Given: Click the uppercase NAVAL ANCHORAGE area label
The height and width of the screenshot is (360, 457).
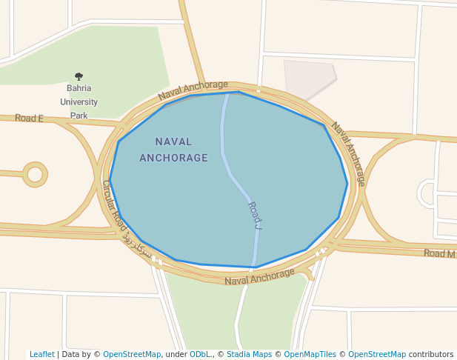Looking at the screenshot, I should pos(173,150).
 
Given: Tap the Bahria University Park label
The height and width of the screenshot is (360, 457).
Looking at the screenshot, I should pos(79,102).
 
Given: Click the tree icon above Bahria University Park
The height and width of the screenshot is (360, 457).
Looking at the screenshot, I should pos(79,76).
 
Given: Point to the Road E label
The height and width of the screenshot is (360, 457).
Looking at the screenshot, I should pos(29,119).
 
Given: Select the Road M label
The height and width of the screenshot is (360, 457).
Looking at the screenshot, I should pos(439,253).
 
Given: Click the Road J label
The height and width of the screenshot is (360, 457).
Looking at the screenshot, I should pos(254,216).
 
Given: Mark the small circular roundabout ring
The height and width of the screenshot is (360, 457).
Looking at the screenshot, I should pos(35,175).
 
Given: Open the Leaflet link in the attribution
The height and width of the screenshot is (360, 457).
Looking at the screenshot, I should pos(41,354).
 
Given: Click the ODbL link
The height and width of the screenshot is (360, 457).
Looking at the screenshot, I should pos(200,354).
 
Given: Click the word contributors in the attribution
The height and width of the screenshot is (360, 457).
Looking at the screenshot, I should pos(431,354).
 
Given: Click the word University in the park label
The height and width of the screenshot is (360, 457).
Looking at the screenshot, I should pos(79,102).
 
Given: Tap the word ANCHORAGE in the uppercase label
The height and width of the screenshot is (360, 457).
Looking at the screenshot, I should pos(173,158).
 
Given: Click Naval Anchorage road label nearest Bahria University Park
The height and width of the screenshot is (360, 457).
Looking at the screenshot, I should pos(193,90).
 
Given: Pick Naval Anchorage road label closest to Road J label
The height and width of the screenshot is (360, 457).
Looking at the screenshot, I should pos(259,277).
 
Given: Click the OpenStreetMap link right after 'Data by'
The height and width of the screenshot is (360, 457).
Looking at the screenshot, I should pos(132,354).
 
